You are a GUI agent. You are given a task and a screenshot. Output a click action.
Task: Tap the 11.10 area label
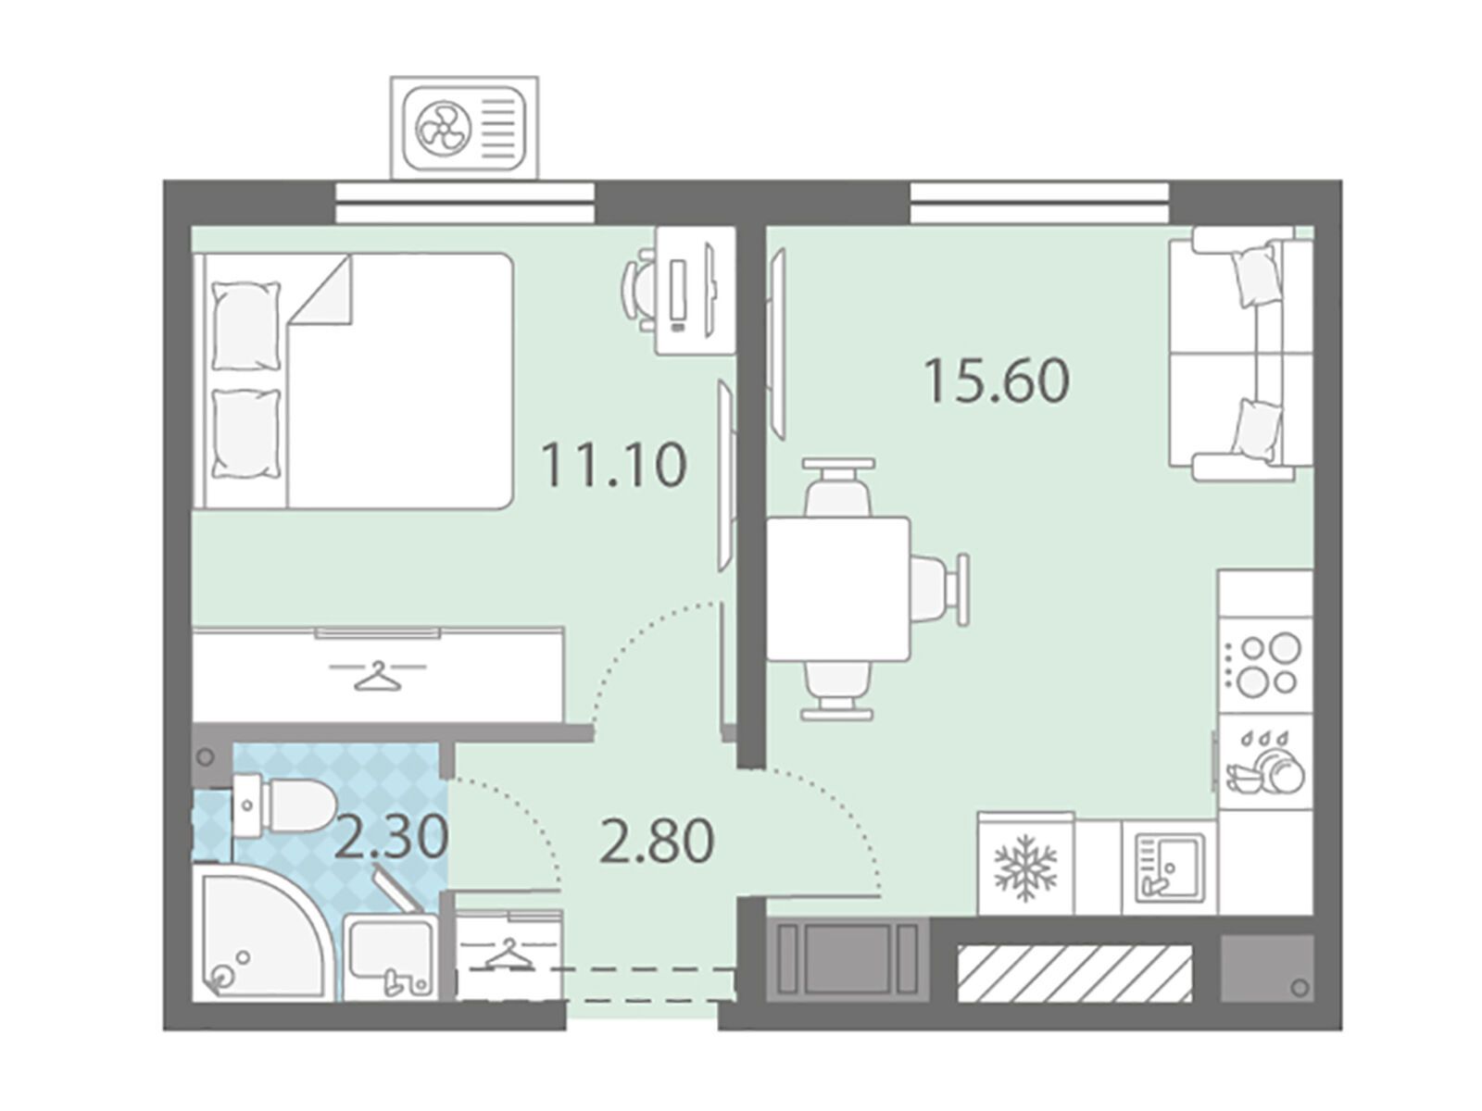pos(614,464)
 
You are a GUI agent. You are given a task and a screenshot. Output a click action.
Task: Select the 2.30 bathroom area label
pos(392,836)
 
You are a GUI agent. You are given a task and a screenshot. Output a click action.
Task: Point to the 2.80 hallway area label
pos(657,841)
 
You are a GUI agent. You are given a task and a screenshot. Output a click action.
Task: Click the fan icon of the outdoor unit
pos(442,127)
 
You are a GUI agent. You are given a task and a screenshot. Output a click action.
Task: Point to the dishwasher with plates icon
pos(1264,762)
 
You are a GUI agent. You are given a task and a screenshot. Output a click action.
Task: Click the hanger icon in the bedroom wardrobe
pos(377,676)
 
